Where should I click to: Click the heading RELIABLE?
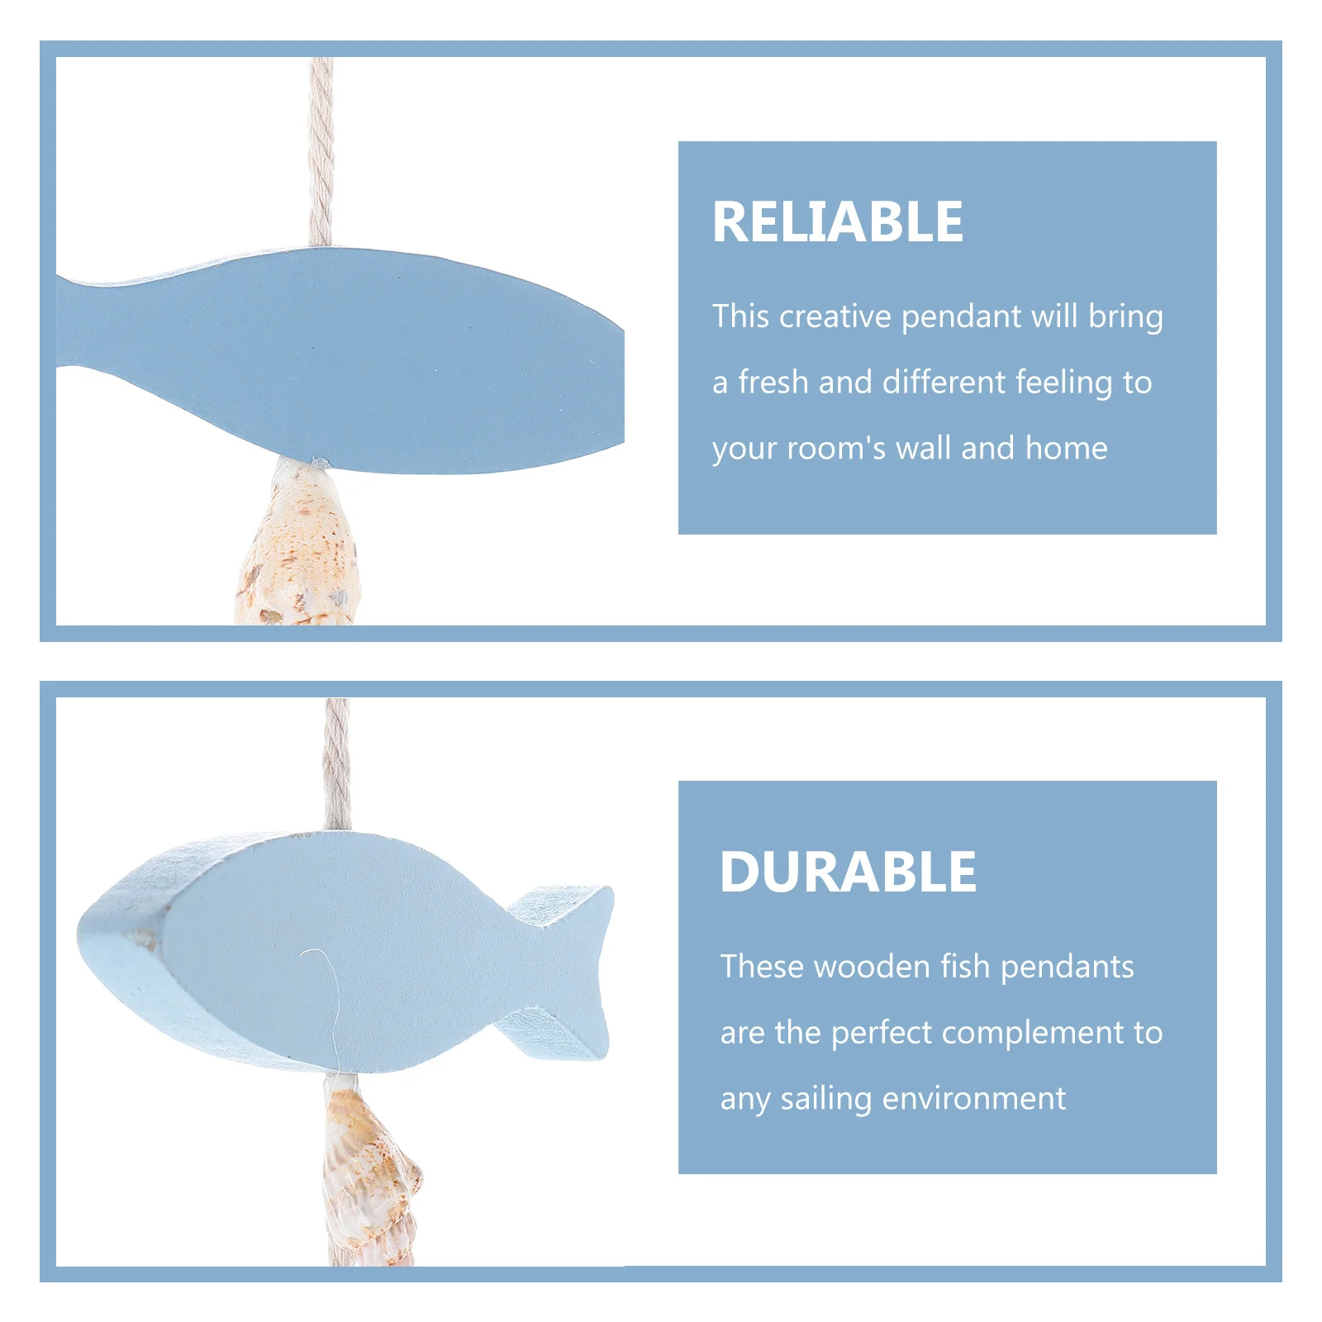tap(837, 222)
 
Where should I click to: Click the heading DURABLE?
tap(848, 872)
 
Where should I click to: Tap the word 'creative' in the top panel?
tap(835, 316)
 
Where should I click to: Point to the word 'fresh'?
tap(773, 383)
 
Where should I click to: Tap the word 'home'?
tap(1066, 449)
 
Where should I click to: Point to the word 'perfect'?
tap(881, 1033)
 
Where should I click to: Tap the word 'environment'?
tap(974, 1099)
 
